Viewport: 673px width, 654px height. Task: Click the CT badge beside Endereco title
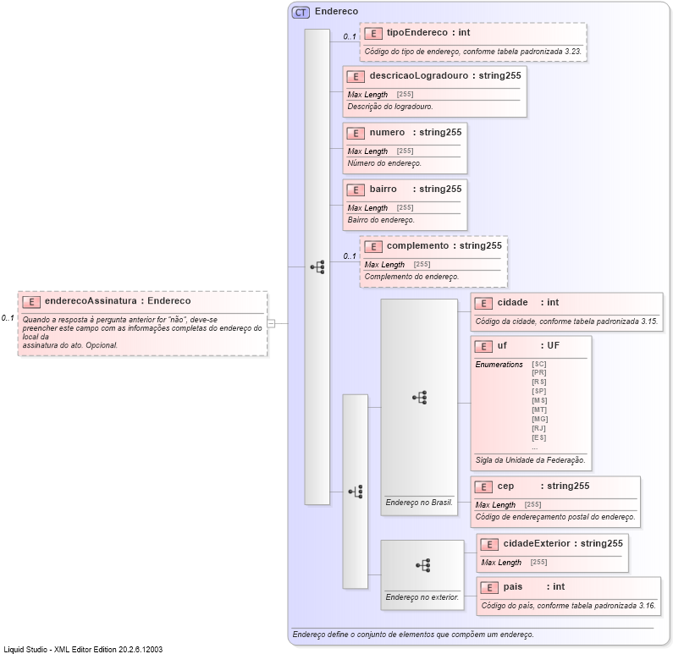[x=301, y=12]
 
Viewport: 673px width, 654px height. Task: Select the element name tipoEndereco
[x=416, y=33]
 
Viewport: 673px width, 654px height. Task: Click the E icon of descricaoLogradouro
[x=356, y=76]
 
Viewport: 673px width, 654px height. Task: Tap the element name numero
[x=387, y=132]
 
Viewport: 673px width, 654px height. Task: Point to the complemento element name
[x=417, y=245]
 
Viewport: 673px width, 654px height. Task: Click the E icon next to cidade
[x=483, y=303]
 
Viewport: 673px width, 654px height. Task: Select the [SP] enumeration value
[x=538, y=391]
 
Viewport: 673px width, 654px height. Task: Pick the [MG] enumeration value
[x=539, y=419]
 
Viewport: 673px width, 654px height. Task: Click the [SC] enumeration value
[x=538, y=364]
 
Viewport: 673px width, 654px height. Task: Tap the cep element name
[x=505, y=486]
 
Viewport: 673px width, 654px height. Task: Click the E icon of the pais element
[x=489, y=587]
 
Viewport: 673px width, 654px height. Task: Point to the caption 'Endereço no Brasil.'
[x=419, y=503]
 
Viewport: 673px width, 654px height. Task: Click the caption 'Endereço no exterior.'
[x=422, y=597]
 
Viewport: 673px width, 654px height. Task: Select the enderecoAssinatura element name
[x=91, y=300]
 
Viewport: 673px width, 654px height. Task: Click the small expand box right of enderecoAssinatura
[x=271, y=323]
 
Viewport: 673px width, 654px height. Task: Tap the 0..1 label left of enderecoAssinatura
[x=8, y=318]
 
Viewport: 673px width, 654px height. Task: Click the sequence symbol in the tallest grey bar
[x=317, y=267]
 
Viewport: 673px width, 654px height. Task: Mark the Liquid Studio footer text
[x=83, y=649]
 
